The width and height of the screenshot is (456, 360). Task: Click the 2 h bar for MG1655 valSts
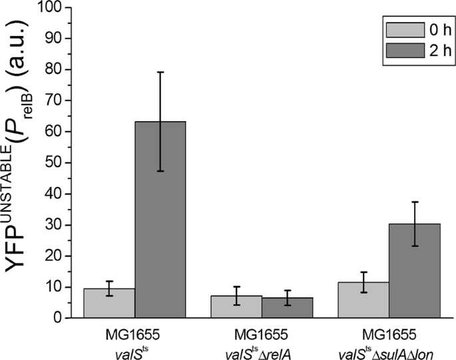point(160,220)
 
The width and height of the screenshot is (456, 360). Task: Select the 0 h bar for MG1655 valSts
point(109,303)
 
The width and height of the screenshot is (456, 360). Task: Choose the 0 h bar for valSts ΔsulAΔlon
point(363,300)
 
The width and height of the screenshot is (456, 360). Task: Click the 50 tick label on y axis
point(57,163)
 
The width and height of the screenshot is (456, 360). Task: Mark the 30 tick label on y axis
point(57,226)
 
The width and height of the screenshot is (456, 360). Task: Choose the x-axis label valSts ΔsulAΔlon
point(389,347)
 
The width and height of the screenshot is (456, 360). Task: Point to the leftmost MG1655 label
point(134,332)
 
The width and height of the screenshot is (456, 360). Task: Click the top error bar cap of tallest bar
point(160,72)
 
